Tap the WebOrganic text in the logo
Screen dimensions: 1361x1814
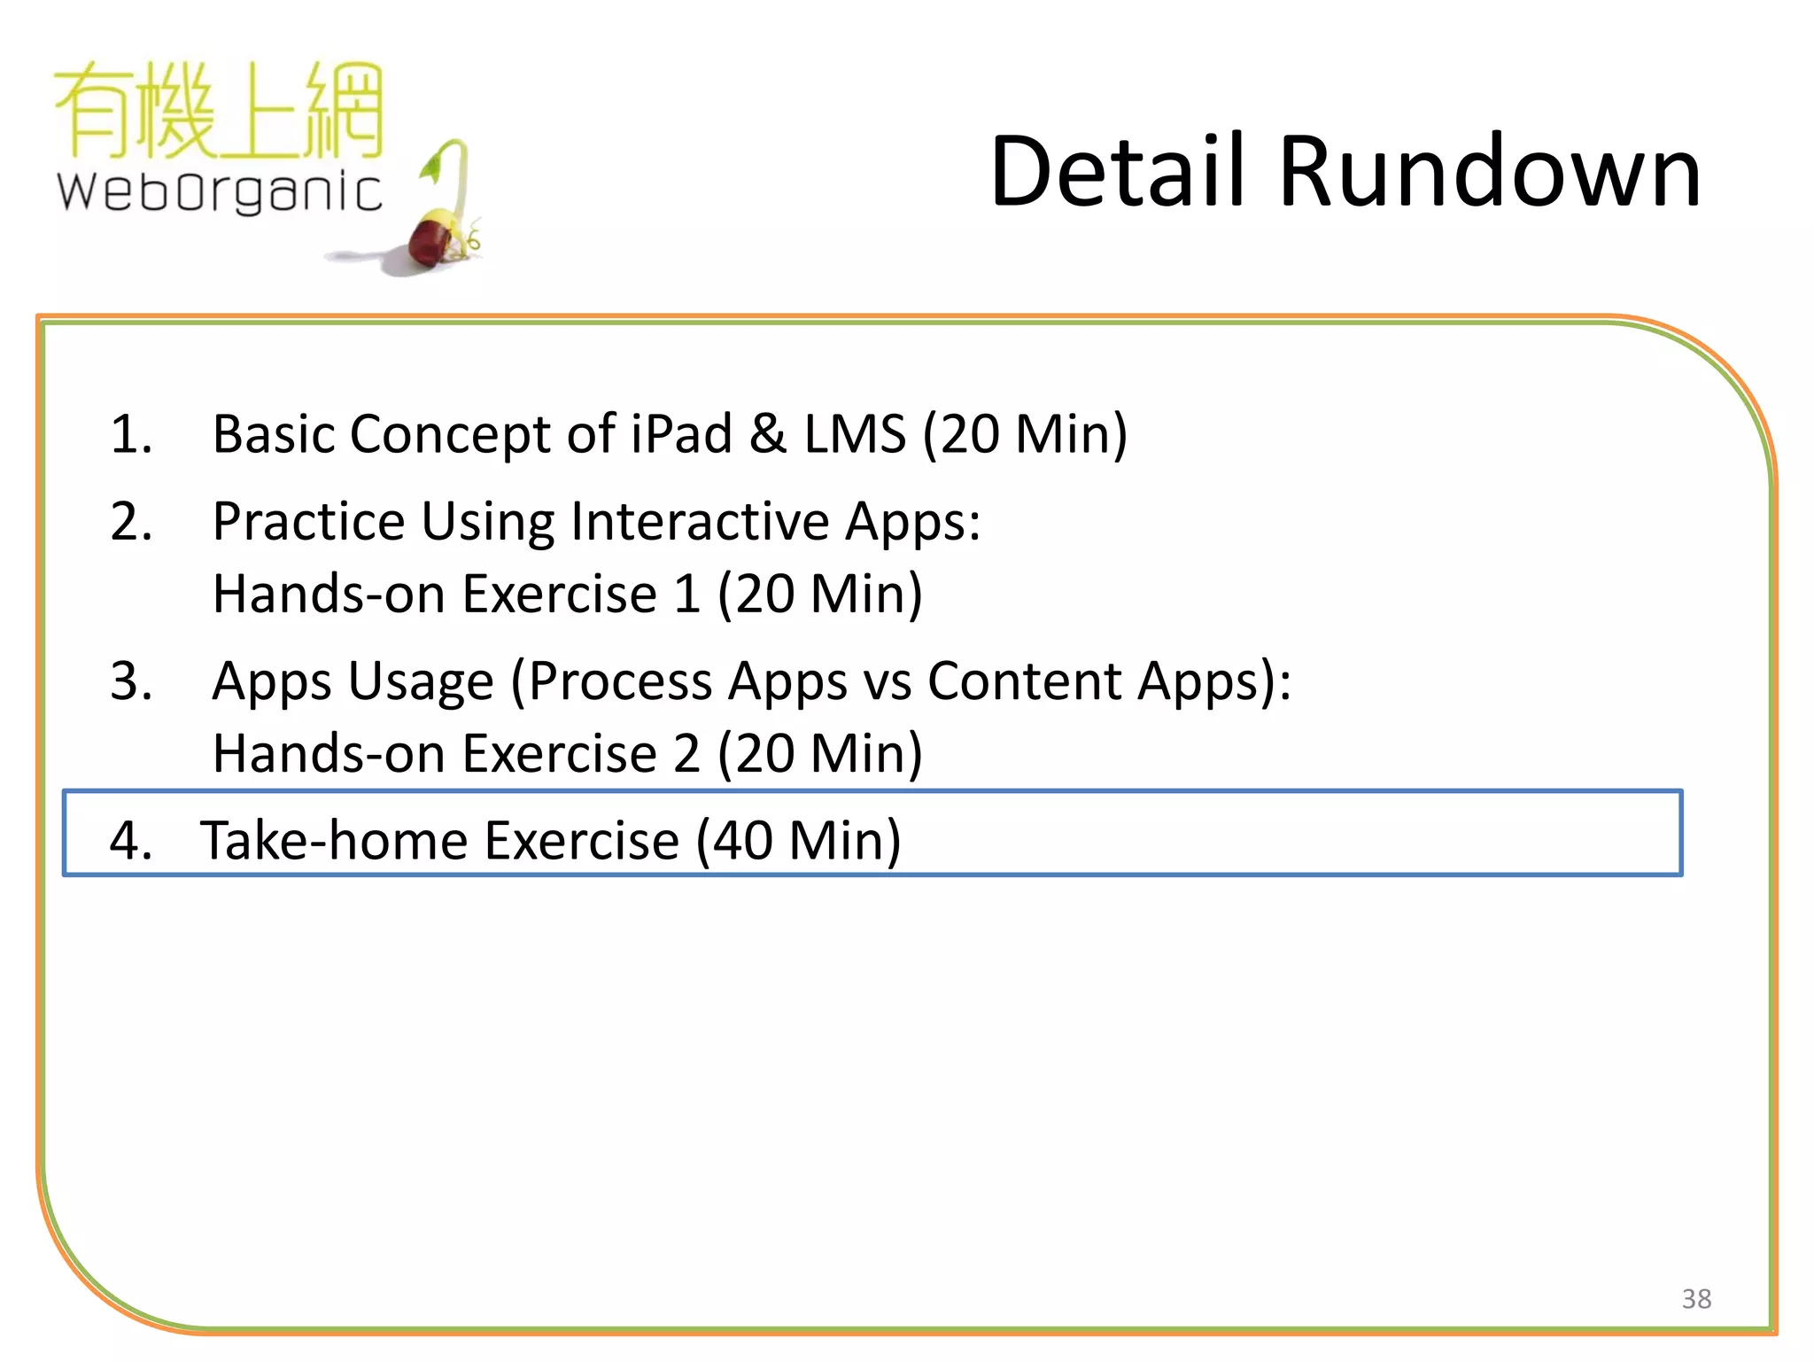point(220,191)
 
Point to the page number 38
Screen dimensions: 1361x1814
point(1696,1299)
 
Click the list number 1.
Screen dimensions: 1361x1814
point(131,434)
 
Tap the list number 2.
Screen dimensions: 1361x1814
point(131,521)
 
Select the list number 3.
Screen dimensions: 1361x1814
point(131,681)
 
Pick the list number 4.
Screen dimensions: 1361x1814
point(131,840)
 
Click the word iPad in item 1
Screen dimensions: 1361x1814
point(681,434)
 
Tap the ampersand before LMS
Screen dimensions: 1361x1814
point(768,434)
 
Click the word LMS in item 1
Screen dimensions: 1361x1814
point(855,434)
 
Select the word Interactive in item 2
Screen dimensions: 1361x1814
point(700,521)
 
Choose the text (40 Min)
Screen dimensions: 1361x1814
point(798,840)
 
